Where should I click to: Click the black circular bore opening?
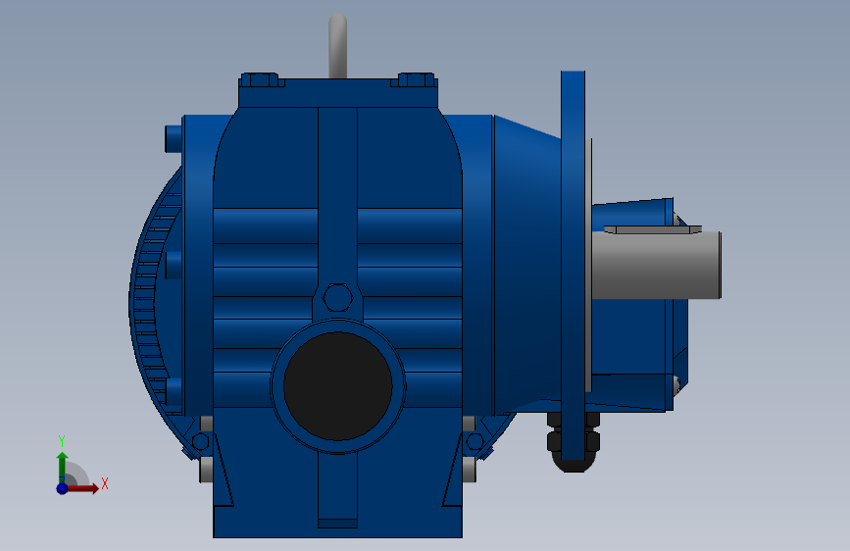click(x=337, y=386)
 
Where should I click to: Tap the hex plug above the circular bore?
click(x=337, y=297)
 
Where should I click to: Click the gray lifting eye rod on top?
click(x=337, y=46)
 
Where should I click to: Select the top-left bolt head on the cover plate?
click(x=260, y=79)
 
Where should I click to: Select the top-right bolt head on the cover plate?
click(x=417, y=79)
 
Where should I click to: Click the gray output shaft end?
click(x=656, y=265)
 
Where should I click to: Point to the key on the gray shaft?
click(x=653, y=229)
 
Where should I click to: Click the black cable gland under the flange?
click(x=574, y=442)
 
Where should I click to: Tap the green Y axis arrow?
click(x=62, y=466)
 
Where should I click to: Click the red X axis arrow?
click(x=81, y=488)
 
